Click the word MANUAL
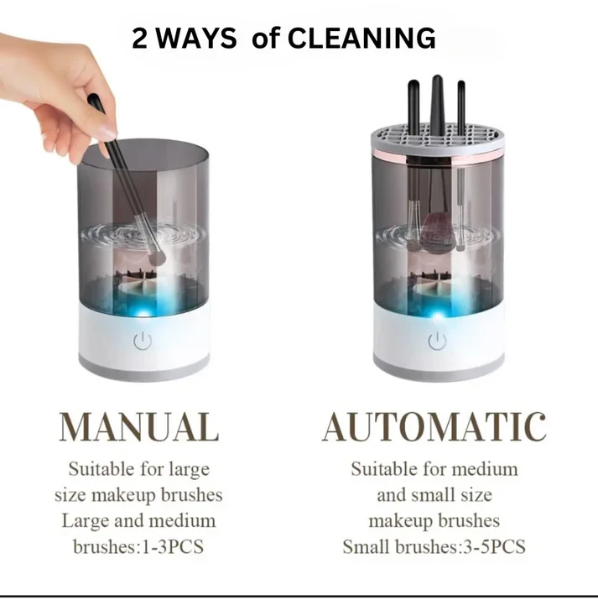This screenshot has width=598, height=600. click(x=139, y=426)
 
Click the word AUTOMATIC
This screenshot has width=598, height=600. click(x=434, y=426)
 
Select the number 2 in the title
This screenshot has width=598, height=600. click(x=139, y=39)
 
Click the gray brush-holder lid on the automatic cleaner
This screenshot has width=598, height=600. click(x=438, y=139)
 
